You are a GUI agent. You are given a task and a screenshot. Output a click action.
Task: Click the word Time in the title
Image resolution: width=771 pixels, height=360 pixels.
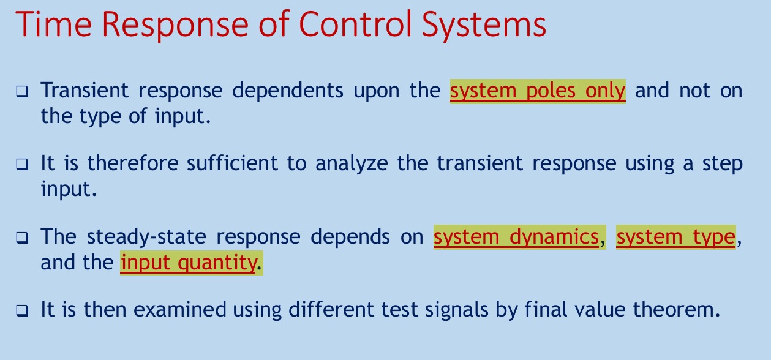[x=54, y=24]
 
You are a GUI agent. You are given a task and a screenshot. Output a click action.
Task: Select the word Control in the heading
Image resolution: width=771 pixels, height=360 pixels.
[x=355, y=24]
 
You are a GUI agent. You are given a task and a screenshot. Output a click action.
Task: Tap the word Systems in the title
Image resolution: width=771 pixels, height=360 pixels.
[x=484, y=26]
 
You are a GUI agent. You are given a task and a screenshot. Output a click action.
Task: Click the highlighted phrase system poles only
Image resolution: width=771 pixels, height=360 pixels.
[x=538, y=91]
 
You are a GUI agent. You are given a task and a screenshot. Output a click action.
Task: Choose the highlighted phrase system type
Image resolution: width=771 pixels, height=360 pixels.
[x=676, y=237]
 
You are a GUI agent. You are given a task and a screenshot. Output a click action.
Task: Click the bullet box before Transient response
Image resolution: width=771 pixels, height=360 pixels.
[x=23, y=92]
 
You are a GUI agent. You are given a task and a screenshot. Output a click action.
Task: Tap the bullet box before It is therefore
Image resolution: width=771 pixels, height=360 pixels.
[x=23, y=164]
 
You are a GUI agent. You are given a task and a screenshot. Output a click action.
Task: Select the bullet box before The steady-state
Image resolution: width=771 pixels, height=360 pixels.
[x=23, y=238]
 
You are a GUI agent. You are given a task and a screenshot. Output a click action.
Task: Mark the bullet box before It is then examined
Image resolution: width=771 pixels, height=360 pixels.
[x=23, y=310]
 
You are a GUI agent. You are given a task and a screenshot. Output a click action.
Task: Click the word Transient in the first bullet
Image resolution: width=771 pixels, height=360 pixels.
[x=85, y=90]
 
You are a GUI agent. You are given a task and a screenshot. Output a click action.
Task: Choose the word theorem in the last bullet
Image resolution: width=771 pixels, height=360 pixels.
[x=677, y=309]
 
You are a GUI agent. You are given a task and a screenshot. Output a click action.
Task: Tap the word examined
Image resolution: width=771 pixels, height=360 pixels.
[x=180, y=309]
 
